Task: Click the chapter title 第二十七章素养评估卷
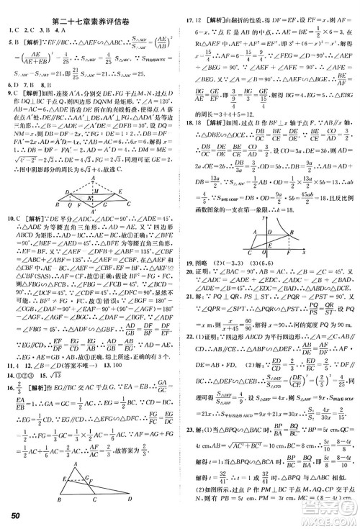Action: point(89,8)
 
